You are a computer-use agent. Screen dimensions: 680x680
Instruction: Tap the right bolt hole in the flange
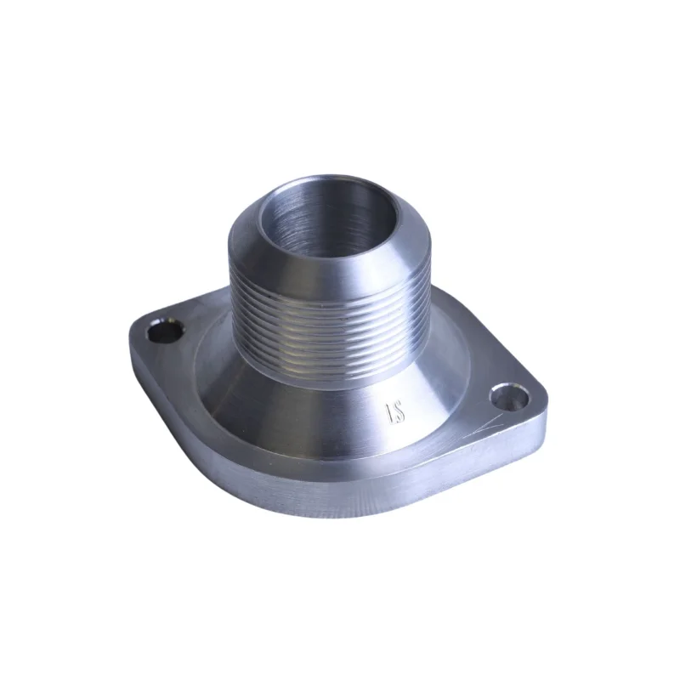509,397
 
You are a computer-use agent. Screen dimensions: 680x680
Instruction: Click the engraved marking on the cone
395,411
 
